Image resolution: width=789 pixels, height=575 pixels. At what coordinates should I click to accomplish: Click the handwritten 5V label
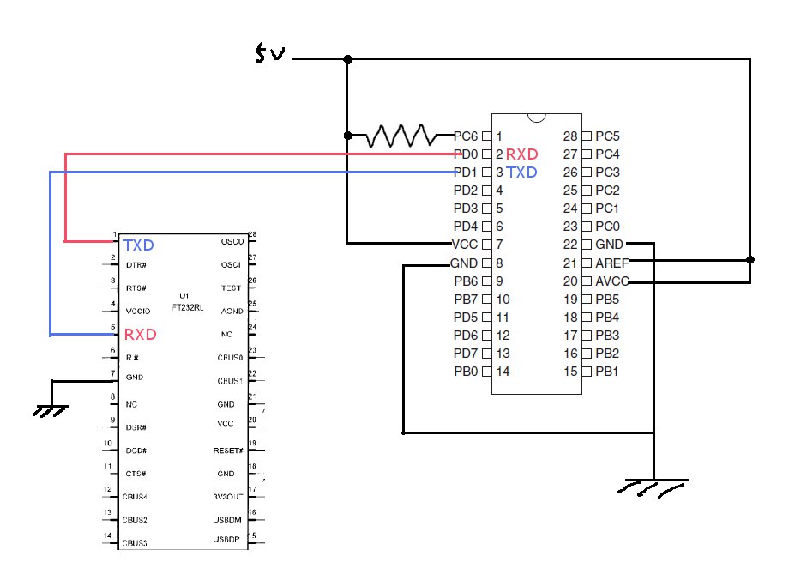(272, 56)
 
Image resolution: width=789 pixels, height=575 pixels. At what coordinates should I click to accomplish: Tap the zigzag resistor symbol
(402, 135)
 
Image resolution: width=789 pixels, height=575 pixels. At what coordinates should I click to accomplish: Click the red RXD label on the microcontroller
(521, 154)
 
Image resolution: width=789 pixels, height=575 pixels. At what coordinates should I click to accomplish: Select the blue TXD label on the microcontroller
(521, 172)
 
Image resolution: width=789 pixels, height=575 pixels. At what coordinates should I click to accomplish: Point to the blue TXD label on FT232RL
(138, 245)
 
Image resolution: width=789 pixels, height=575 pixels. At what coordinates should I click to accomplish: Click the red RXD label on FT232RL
(140, 334)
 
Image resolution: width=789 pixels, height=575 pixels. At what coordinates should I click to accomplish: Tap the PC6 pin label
(466, 136)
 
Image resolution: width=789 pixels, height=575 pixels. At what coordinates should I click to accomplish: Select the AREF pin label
(612, 263)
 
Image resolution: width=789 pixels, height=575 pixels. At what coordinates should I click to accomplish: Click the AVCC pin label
(612, 281)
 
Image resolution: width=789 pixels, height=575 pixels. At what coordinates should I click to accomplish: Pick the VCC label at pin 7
(464, 245)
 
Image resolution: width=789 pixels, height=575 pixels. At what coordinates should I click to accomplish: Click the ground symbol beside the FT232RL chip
(51, 410)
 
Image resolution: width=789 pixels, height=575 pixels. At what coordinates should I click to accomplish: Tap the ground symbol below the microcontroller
(653, 487)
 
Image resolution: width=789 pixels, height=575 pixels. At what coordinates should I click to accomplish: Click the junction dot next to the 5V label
(347, 59)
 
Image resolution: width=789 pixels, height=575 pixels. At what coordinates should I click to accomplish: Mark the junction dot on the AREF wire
(750, 259)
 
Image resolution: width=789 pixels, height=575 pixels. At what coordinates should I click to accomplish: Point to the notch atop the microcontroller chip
(537, 118)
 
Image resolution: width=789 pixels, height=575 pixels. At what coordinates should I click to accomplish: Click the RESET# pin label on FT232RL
(228, 450)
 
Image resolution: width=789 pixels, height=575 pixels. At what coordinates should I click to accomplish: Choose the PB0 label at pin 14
(466, 372)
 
